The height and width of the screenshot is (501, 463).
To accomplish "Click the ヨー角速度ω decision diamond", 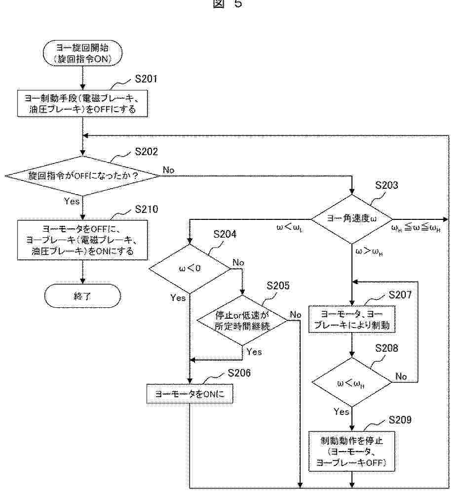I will [x=351, y=219].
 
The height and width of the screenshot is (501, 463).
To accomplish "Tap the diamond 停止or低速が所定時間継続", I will [x=242, y=321].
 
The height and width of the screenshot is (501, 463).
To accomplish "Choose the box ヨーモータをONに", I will [x=190, y=393].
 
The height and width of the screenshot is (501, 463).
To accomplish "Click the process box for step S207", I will [x=351, y=320].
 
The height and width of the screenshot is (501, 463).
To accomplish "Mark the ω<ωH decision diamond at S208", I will [x=351, y=382].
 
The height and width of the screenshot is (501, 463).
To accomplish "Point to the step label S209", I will [x=400, y=420].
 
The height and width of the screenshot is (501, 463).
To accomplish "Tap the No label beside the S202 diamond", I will [x=168, y=170].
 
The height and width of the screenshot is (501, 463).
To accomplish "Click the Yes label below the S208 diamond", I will [x=341, y=412].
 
